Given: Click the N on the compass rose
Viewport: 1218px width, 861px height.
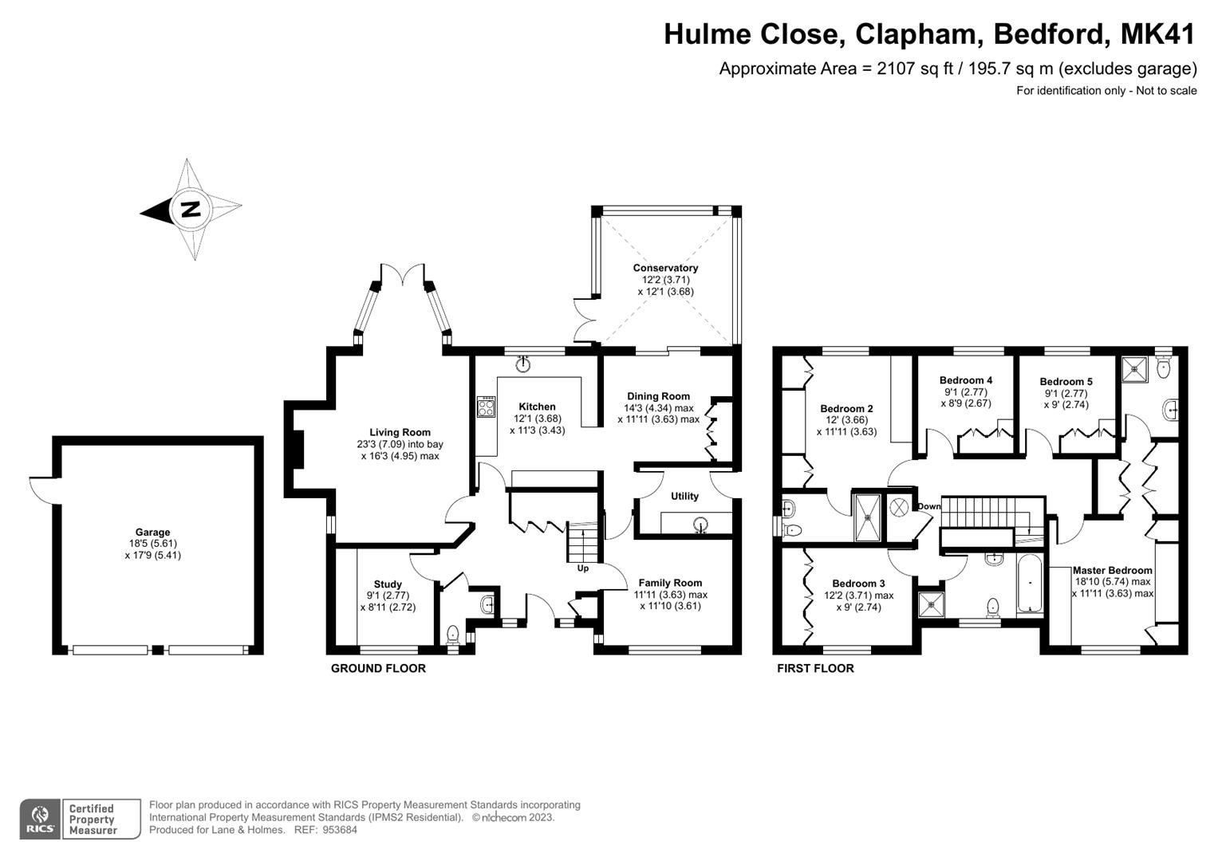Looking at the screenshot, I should pyautogui.click(x=191, y=209).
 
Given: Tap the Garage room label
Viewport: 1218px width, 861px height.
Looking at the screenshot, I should pyautogui.click(x=152, y=533).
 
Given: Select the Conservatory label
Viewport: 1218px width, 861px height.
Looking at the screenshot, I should pyautogui.click(x=665, y=268).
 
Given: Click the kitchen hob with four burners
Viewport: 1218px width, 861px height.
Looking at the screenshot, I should pyautogui.click(x=485, y=407).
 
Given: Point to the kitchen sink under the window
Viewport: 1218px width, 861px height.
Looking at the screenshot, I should pyautogui.click(x=523, y=364).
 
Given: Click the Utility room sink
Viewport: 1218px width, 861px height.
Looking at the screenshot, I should pyautogui.click(x=700, y=525).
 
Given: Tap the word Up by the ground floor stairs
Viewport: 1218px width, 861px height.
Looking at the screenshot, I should pyautogui.click(x=583, y=568).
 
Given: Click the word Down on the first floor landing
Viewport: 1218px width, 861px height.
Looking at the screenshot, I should pyautogui.click(x=928, y=506).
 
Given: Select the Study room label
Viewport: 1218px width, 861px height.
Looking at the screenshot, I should pyautogui.click(x=388, y=584).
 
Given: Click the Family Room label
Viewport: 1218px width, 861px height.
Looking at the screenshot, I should pyautogui.click(x=670, y=583).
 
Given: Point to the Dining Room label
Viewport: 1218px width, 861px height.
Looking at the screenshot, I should pyautogui.click(x=658, y=396).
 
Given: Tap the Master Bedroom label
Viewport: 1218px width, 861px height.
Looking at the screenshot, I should pyautogui.click(x=1112, y=570).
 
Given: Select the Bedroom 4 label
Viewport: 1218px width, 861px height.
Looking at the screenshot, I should pyautogui.click(x=965, y=380).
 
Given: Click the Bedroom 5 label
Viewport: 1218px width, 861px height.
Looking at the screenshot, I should pyautogui.click(x=1066, y=382).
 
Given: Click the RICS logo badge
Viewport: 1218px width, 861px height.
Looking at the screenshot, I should pyautogui.click(x=40, y=819).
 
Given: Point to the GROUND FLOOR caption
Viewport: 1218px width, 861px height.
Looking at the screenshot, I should pyautogui.click(x=378, y=668).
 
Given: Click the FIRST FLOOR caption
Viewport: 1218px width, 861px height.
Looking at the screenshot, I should pyautogui.click(x=815, y=668).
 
